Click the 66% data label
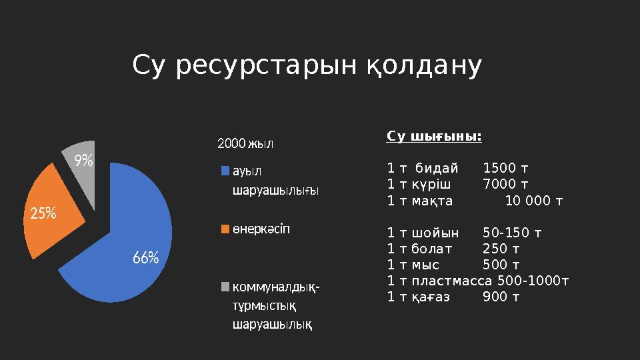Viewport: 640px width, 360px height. (145, 258)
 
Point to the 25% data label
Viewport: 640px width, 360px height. (43, 214)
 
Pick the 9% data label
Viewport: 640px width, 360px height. (83, 160)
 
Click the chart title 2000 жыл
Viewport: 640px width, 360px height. (246, 143)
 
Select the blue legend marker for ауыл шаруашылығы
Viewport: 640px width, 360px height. (225, 170)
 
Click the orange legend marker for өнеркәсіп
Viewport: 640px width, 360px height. (225, 229)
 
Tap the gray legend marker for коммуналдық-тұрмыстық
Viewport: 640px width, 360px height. (225, 287)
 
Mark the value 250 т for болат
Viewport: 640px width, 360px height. (501, 249)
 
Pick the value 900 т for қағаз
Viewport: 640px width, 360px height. (501, 297)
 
